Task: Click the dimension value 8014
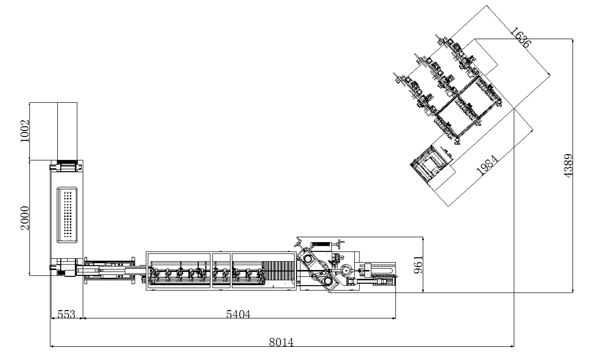pyautogui.click(x=281, y=342)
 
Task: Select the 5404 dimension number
pyautogui.click(x=238, y=314)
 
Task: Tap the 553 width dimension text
pyautogui.click(x=66, y=315)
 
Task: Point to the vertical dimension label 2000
pyautogui.click(x=25, y=218)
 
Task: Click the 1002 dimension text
pyautogui.click(x=25, y=131)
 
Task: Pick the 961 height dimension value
pyautogui.click(x=418, y=265)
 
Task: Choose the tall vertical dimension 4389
pyautogui.click(x=568, y=166)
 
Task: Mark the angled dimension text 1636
pyautogui.click(x=520, y=38)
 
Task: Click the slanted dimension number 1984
pyautogui.click(x=487, y=166)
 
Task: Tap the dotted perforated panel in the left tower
pyautogui.click(x=68, y=215)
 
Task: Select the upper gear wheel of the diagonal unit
pyautogui.click(x=307, y=259)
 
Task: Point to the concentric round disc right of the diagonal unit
pyautogui.click(x=345, y=270)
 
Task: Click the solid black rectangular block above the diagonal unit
pyautogui.click(x=321, y=244)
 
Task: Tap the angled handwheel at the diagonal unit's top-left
pyautogui.click(x=299, y=242)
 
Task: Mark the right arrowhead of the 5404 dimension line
pyautogui.click(x=395, y=318)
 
